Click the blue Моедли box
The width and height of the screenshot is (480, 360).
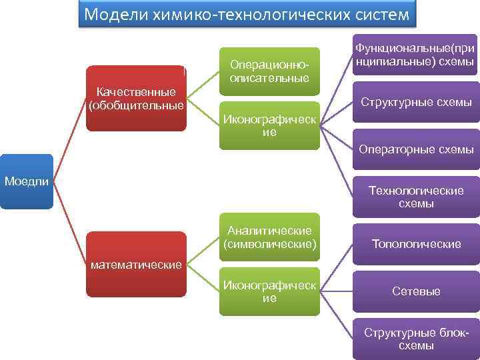click(27, 181)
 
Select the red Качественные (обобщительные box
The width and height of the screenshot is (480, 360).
click(137, 98)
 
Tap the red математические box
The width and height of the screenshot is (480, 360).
click(137, 264)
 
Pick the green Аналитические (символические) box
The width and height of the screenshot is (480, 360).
click(269, 237)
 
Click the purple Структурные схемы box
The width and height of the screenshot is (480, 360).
click(416, 102)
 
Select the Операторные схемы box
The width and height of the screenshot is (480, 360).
click(416, 149)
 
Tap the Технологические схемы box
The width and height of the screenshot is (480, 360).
click(416, 197)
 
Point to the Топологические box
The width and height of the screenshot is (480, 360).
click(416, 244)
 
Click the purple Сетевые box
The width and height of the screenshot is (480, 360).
click(416, 291)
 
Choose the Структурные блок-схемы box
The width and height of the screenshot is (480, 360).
click(416, 339)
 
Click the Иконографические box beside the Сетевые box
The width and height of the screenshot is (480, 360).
click(269, 292)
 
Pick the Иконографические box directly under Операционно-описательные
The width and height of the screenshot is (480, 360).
click(269, 125)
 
